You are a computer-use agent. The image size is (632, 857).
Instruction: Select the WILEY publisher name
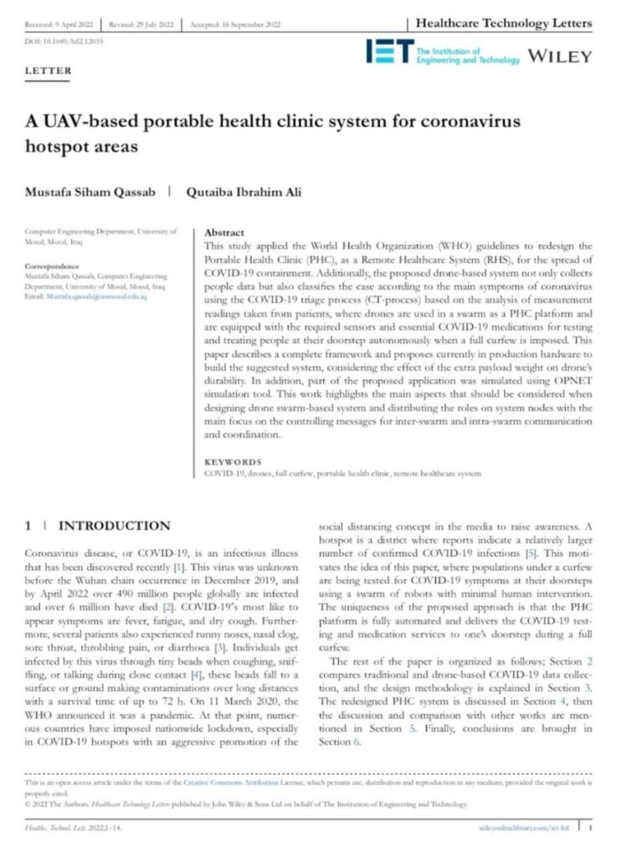[558, 57]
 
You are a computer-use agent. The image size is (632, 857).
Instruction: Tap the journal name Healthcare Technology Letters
[504, 23]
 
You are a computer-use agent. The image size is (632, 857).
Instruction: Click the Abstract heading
[224, 233]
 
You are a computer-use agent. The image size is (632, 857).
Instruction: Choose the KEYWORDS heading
[233, 462]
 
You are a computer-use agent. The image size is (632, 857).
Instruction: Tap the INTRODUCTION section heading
[114, 526]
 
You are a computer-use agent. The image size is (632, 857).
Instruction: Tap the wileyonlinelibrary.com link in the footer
[526, 827]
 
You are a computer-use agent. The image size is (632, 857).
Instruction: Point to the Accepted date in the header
[237, 24]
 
